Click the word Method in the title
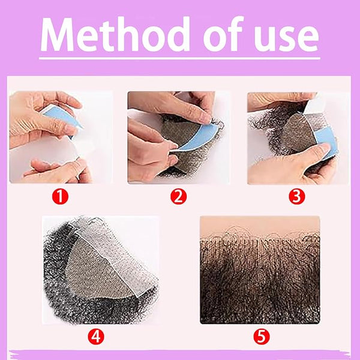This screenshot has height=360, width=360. [x=115, y=34]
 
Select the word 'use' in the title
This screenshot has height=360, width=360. [x=287, y=38]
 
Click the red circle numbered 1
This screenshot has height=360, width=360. [x=60, y=197]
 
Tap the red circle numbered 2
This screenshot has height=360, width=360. [x=178, y=197]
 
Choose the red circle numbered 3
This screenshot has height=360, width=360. [x=297, y=197]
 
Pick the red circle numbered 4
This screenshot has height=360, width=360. [x=96, y=337]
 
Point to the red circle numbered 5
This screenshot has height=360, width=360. [x=262, y=337]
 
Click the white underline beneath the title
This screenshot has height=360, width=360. [x=179, y=58]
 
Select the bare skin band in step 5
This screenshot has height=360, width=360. [x=260, y=226]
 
